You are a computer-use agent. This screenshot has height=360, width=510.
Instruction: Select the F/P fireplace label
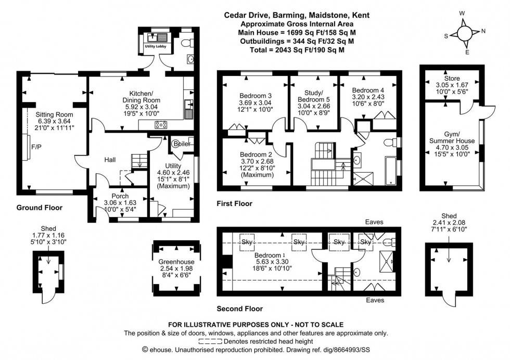point(37,147)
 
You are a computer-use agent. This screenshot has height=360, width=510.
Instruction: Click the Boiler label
point(181,144)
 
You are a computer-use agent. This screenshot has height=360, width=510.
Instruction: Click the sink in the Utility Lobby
point(155,38)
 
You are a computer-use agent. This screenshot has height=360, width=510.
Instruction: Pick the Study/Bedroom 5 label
point(313,96)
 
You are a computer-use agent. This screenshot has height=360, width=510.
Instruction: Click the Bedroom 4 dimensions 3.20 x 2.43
point(368,97)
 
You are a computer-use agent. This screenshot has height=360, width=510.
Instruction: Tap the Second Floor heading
point(241,308)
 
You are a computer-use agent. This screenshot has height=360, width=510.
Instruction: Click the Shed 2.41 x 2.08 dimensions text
point(449,223)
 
